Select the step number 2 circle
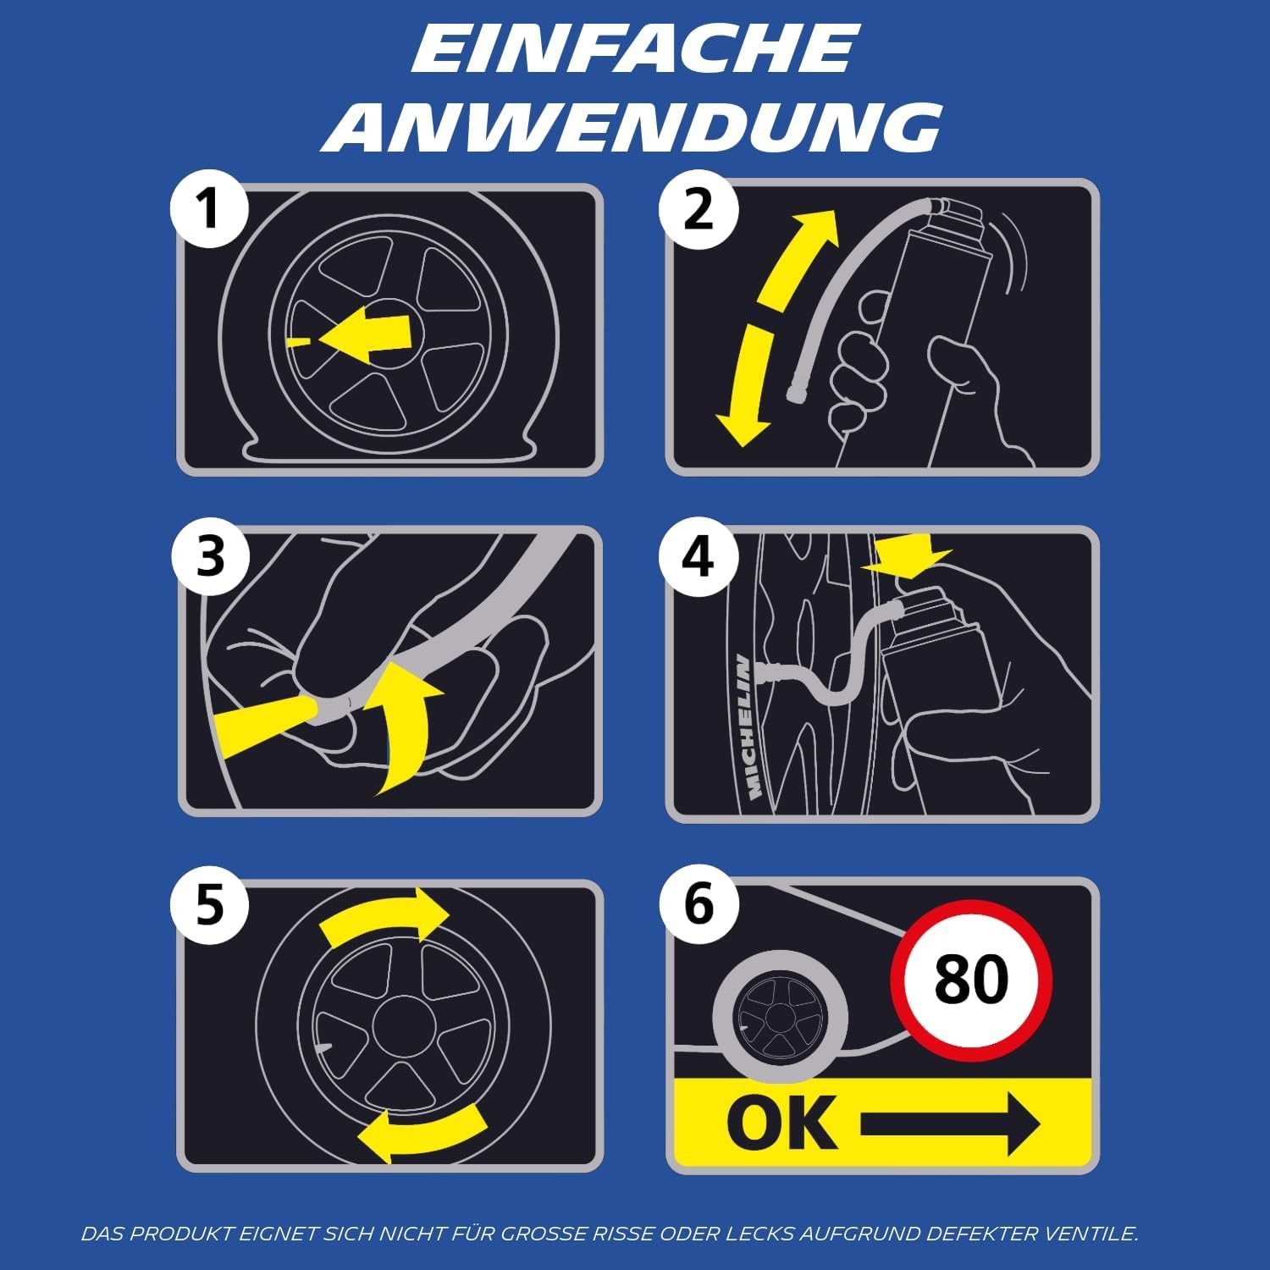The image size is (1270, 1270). tap(698, 208)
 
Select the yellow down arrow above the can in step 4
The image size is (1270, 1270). tap(906, 555)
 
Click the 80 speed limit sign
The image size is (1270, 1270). tap(971, 979)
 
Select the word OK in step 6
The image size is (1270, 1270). tap(781, 1123)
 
